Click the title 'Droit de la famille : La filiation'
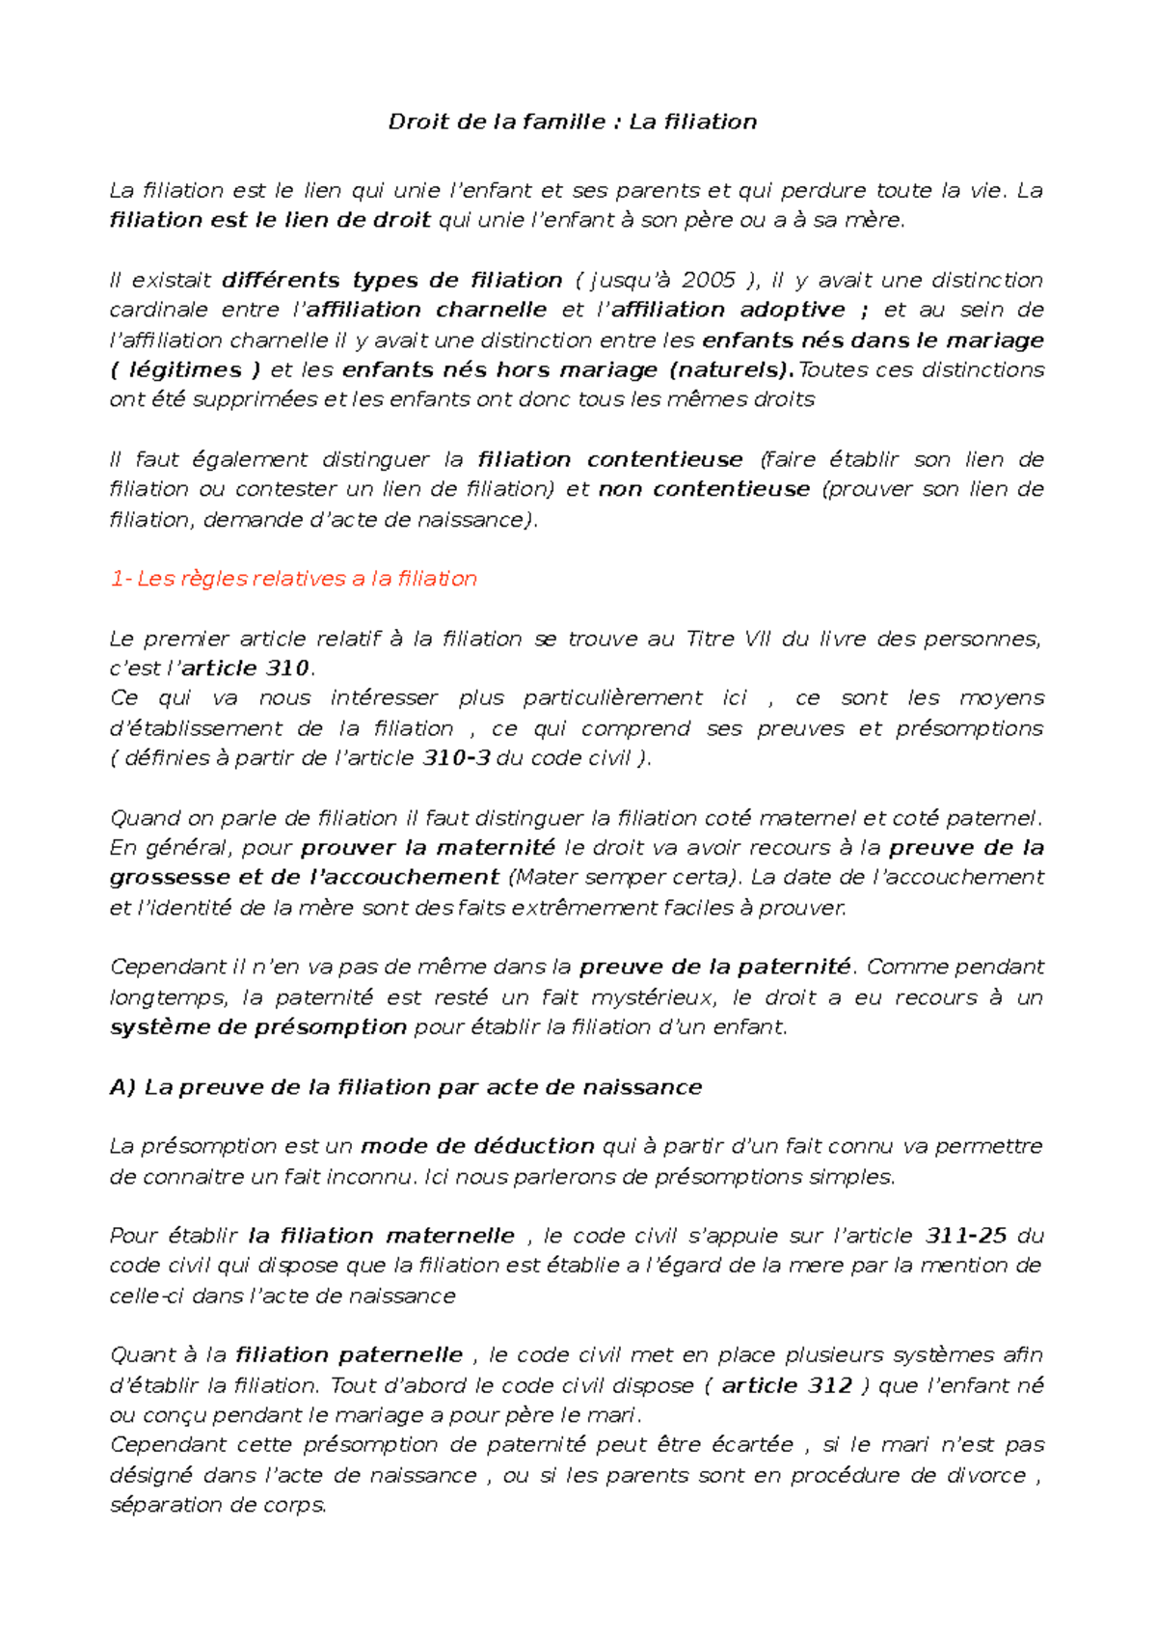(572, 123)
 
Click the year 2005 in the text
(708, 281)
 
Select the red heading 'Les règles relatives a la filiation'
(307, 579)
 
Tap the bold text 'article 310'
(245, 669)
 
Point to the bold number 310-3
(456, 758)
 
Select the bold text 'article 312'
(786, 1386)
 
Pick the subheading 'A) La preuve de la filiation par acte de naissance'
(405, 1087)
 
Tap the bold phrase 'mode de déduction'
(477, 1146)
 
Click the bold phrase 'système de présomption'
(257, 1027)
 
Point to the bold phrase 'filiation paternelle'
(349, 1355)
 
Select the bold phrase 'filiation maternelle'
(381, 1236)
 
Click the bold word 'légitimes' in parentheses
(185, 370)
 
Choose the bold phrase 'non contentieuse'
(704, 489)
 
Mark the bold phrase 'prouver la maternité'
(427, 848)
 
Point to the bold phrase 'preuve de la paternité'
(714, 967)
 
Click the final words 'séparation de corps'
(218, 1505)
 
